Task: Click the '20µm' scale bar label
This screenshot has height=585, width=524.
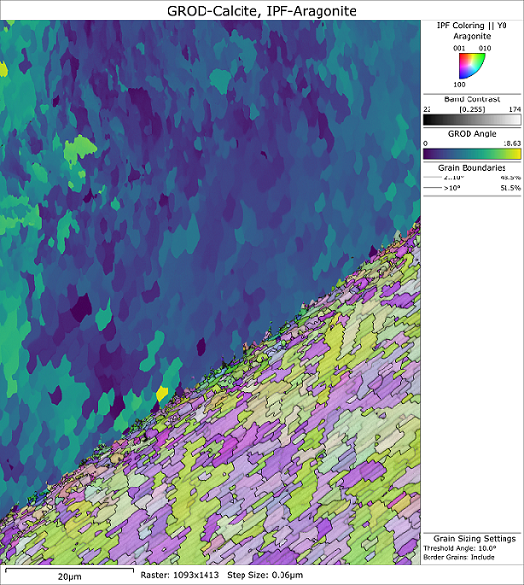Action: pyautogui.click(x=68, y=577)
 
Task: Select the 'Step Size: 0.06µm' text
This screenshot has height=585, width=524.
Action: pyautogui.click(x=270, y=577)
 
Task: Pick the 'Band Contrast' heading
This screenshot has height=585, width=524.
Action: pyautogui.click(x=471, y=99)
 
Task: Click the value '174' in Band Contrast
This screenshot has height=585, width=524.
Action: pyautogui.click(x=513, y=110)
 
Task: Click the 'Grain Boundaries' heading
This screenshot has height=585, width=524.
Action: pyautogui.click(x=471, y=167)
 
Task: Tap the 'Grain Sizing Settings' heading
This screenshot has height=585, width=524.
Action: pyautogui.click(x=471, y=538)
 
